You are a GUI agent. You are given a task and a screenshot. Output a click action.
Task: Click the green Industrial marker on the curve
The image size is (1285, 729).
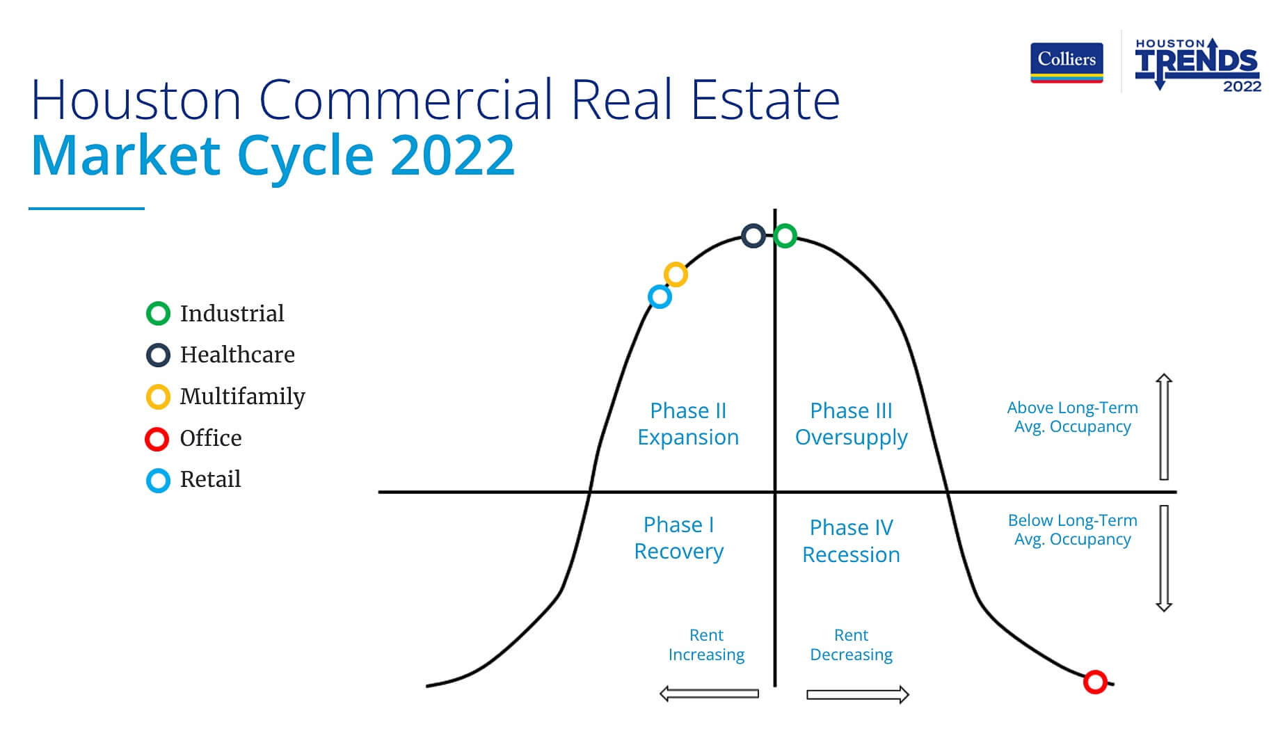785,236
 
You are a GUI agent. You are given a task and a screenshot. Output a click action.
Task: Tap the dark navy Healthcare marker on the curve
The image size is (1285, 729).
753,236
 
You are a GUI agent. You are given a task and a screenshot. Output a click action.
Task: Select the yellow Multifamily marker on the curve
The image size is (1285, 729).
676,274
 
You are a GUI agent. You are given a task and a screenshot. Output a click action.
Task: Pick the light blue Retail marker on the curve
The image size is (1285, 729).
660,297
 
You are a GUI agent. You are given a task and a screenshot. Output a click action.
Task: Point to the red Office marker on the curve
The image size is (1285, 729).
1095,682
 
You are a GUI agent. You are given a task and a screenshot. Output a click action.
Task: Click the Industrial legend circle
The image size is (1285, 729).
158,314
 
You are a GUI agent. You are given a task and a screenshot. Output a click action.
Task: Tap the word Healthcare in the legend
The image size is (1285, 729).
237,355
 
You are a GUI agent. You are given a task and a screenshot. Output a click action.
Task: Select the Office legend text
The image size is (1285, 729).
211,438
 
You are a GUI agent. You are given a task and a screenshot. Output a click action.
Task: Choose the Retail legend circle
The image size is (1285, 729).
158,480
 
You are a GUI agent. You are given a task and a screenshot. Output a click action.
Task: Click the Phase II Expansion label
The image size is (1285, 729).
688,424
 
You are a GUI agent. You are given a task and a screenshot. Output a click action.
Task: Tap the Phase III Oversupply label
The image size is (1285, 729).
851,424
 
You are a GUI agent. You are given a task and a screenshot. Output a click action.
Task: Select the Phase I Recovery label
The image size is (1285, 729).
678,538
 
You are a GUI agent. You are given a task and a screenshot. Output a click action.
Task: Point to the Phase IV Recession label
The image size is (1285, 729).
851,540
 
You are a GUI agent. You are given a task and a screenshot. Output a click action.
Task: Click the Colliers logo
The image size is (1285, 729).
1066,63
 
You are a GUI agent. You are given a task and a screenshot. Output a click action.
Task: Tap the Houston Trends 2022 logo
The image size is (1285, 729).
1197,65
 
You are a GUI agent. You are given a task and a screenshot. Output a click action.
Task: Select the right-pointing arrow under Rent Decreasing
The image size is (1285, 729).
858,694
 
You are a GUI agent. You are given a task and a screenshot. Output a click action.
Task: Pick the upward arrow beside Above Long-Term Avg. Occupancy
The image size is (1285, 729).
1164,426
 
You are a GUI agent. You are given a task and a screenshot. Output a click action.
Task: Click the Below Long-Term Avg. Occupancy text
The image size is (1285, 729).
1072,529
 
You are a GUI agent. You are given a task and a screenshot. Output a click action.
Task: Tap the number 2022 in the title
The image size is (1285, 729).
452,155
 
